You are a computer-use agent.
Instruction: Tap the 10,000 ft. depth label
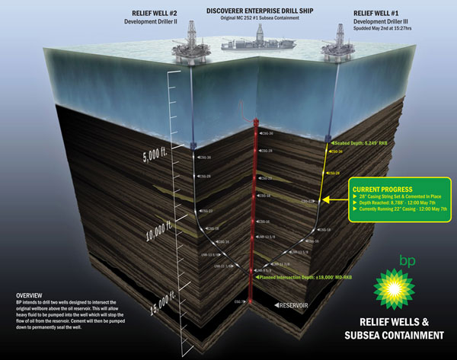coord(157,228)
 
